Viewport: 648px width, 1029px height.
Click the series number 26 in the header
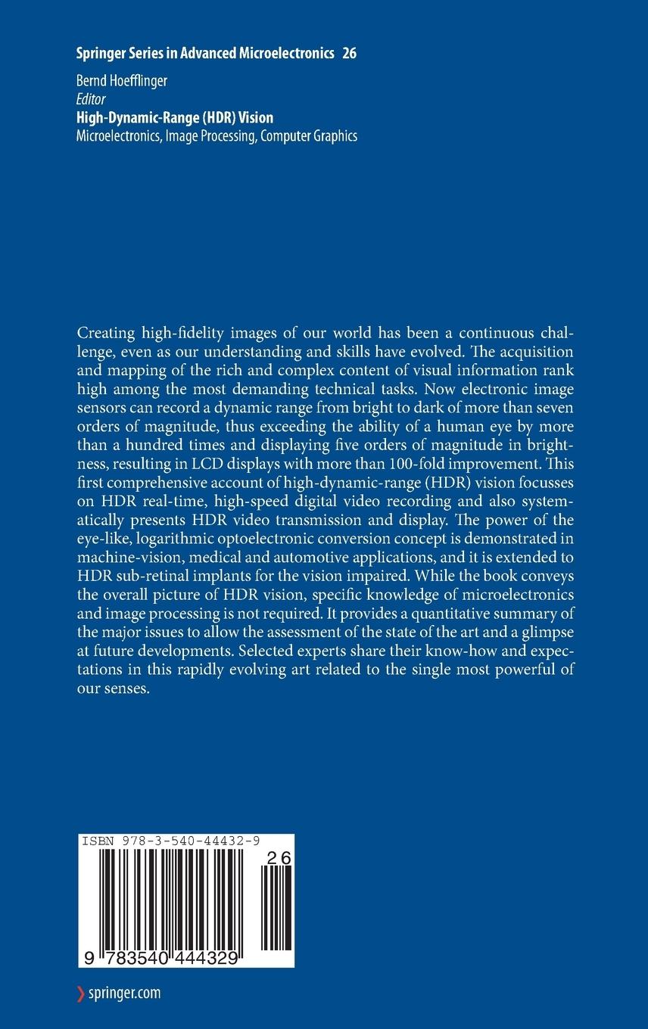click(349, 53)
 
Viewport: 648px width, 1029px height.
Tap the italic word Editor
click(91, 100)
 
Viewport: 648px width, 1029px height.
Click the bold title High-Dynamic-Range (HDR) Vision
click(175, 117)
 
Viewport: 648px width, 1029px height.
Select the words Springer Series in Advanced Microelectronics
click(205, 53)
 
